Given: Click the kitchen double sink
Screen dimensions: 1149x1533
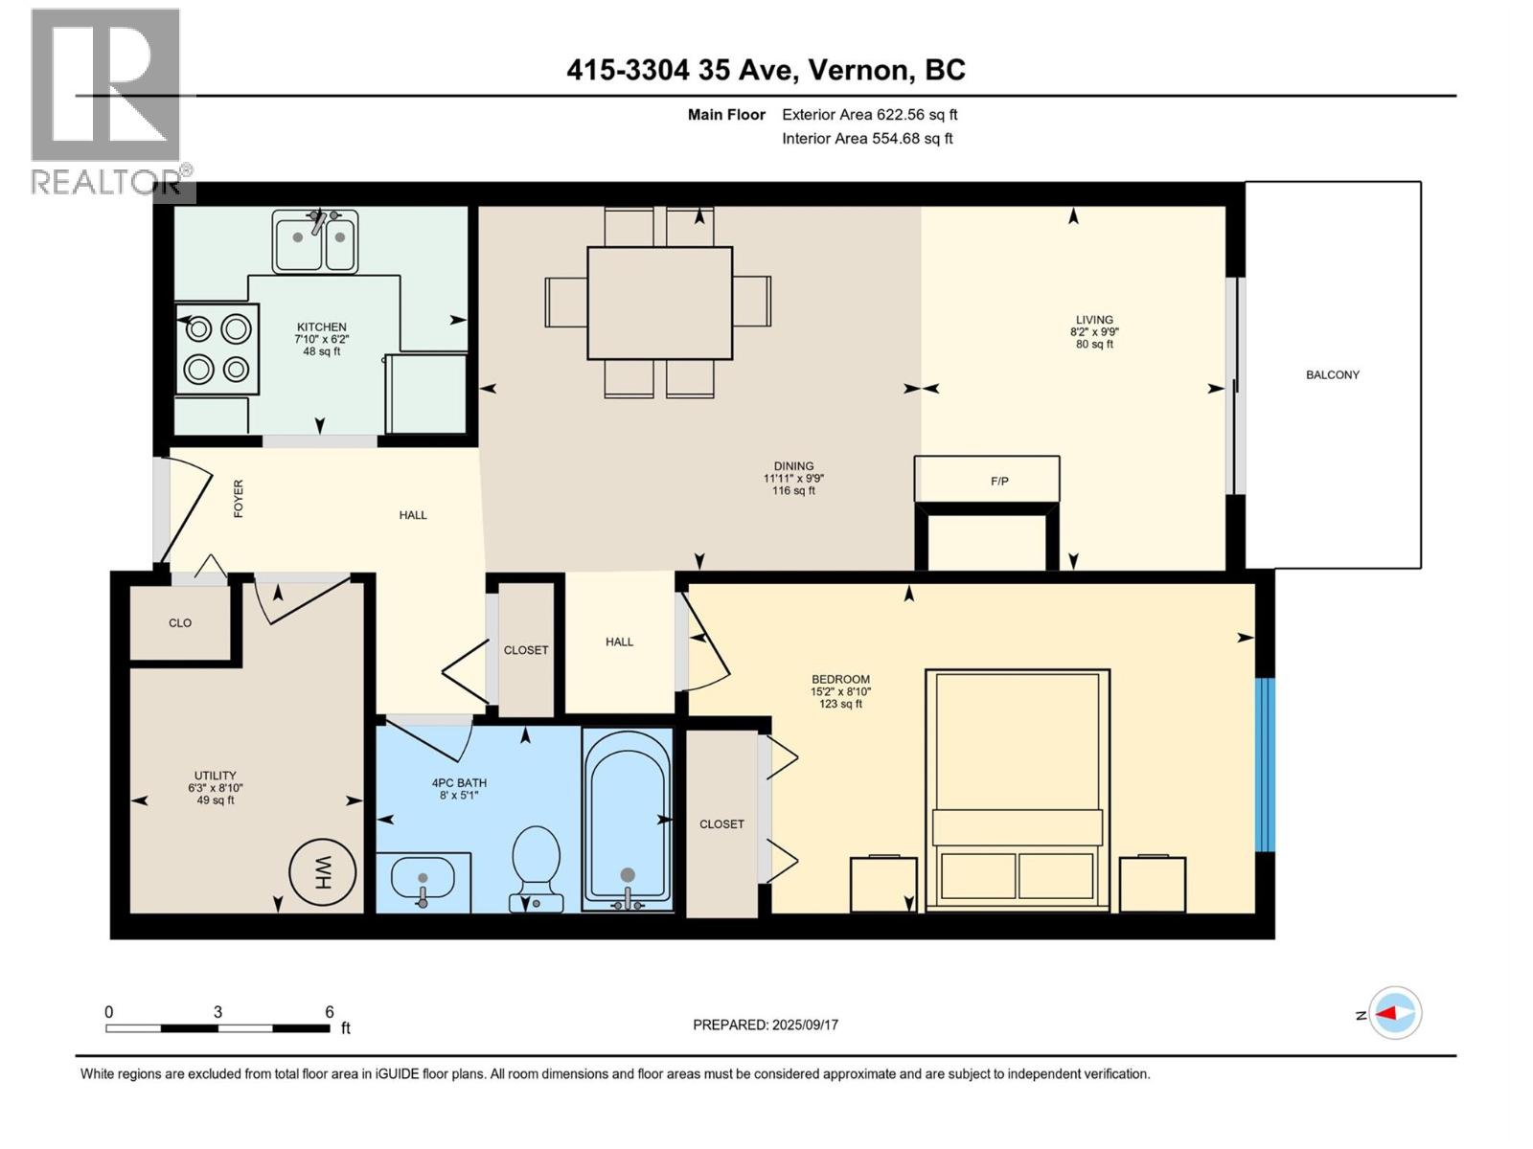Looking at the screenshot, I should click(314, 242).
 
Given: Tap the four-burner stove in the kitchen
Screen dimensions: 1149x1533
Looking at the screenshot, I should click(217, 349).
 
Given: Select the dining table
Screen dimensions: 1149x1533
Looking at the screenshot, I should click(659, 303).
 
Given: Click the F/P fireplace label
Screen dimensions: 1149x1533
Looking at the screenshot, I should click(998, 481).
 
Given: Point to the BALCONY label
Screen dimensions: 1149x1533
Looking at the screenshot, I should click(1332, 375).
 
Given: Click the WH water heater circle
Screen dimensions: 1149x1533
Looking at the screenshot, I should click(323, 872).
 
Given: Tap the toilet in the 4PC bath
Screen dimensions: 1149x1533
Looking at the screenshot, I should click(537, 860).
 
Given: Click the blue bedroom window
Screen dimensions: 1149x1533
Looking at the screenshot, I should click(1265, 764).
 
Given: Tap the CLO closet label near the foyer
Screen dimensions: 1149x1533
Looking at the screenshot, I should click(180, 623).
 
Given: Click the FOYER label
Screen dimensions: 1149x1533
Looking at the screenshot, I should click(239, 499).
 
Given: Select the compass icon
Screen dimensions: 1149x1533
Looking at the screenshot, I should click(1395, 1013).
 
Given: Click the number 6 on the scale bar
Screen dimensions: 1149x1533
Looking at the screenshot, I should click(330, 1012).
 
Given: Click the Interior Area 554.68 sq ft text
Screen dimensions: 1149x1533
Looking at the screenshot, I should click(867, 138).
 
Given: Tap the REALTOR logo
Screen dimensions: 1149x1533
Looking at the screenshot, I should click(106, 101).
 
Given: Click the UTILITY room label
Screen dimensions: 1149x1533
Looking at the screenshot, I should click(216, 776).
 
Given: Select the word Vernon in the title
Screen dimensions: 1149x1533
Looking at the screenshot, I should click(859, 70).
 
